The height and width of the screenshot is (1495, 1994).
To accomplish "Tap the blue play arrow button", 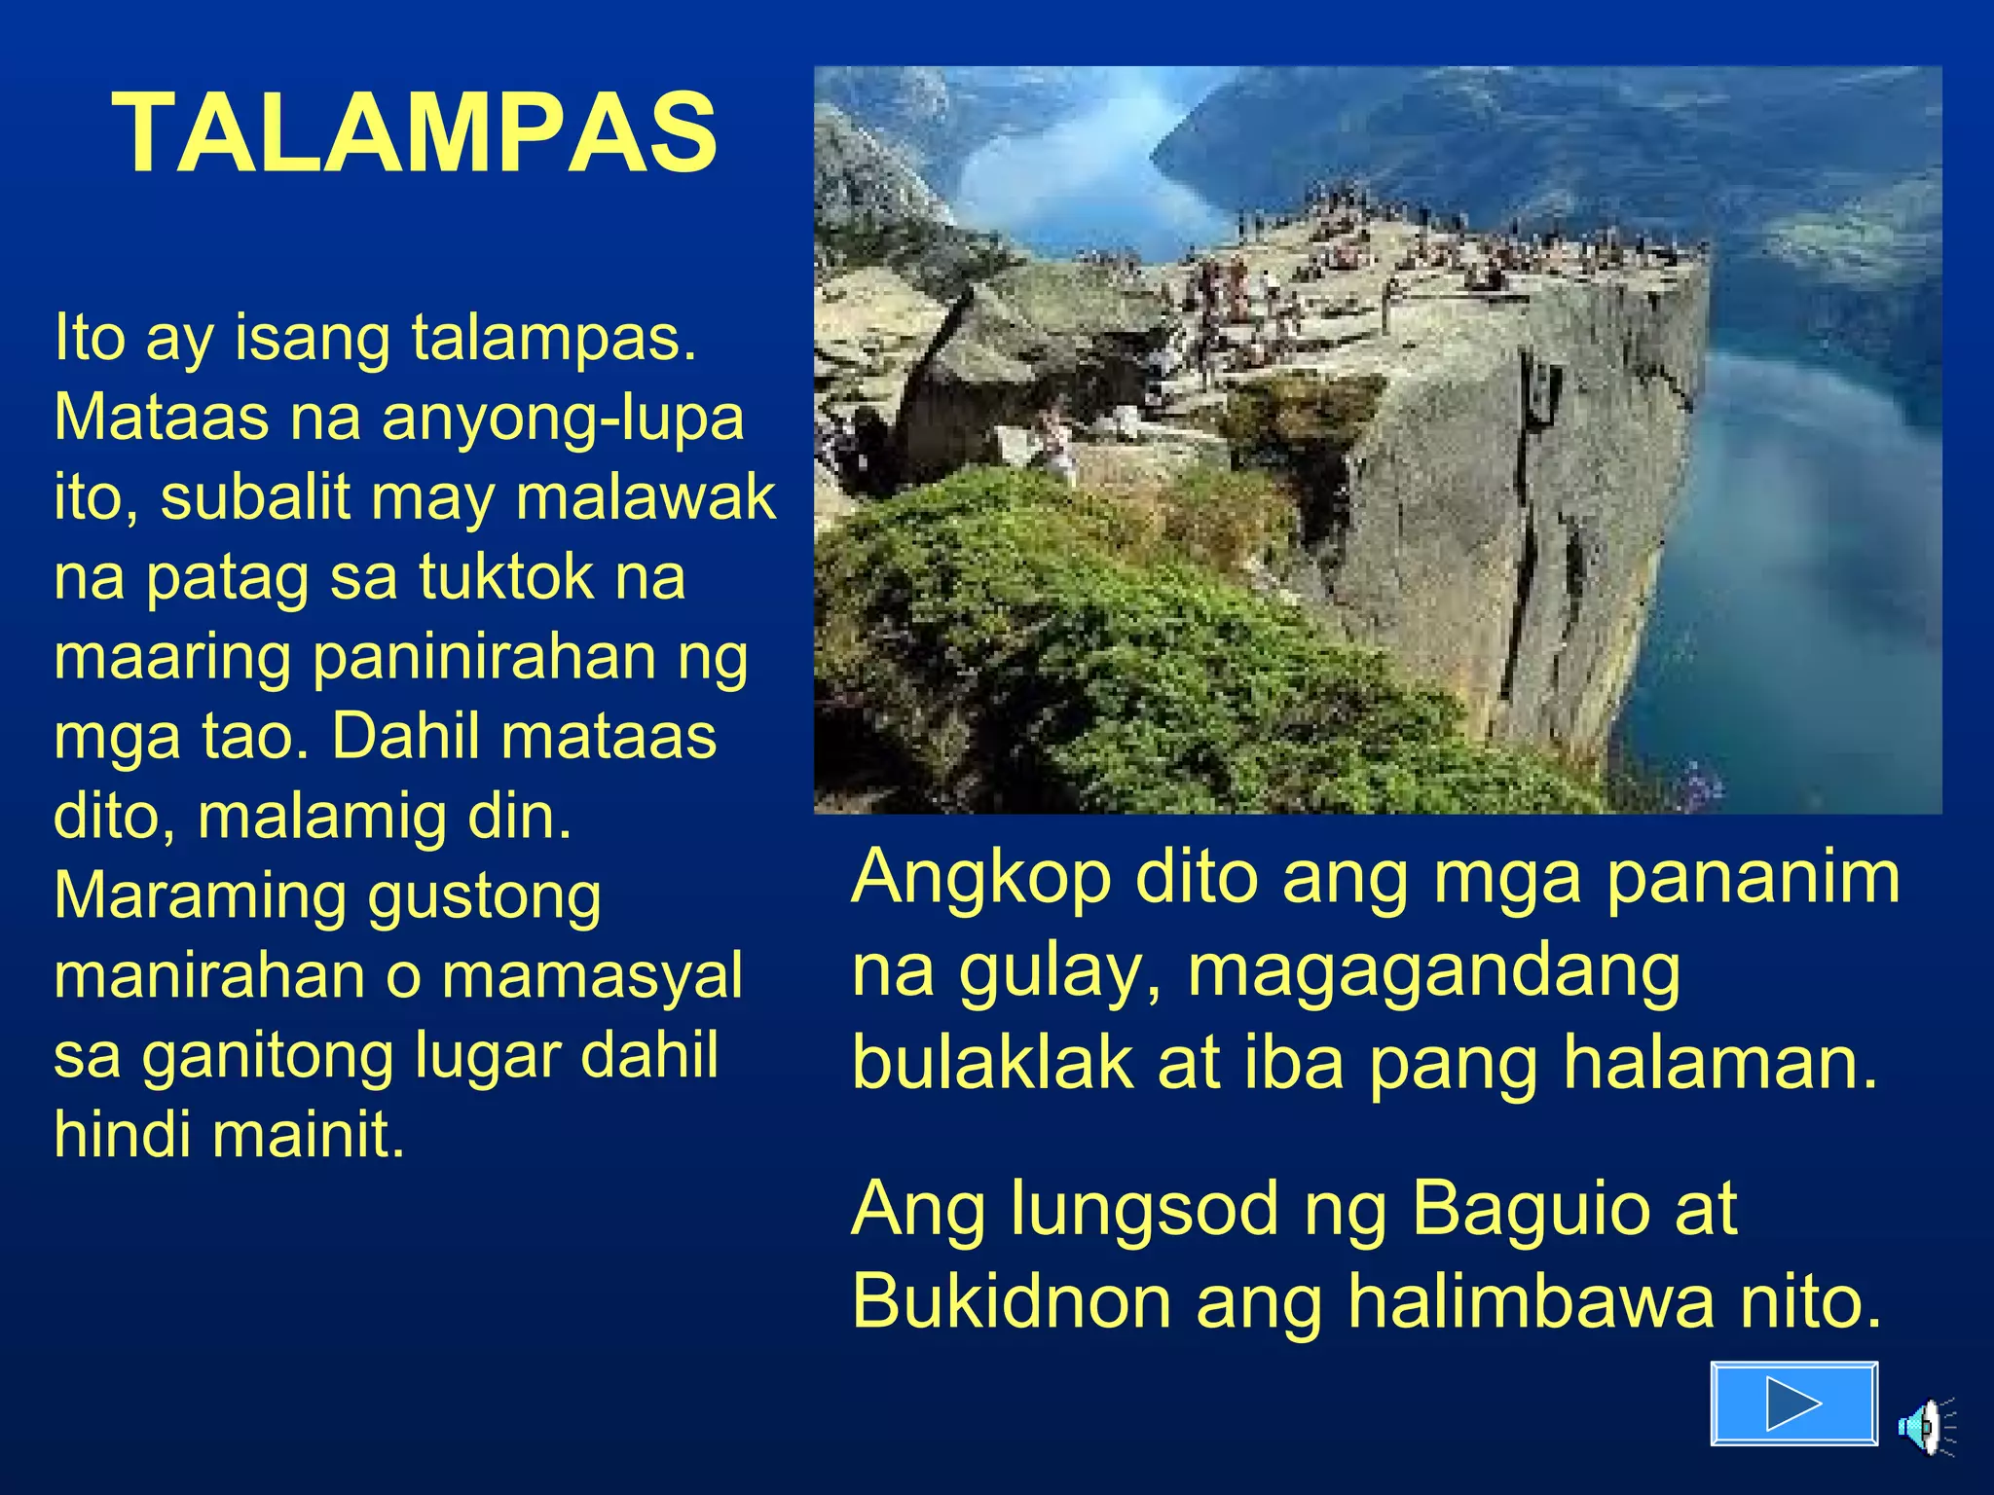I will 1793,1404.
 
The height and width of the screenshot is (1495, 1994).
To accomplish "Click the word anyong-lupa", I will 563,419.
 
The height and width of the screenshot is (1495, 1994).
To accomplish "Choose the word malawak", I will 646,497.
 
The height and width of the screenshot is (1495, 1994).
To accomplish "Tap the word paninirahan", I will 483,657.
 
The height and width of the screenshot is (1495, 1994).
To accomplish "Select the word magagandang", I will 1433,971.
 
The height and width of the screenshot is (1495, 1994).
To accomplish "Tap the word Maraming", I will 200,896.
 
